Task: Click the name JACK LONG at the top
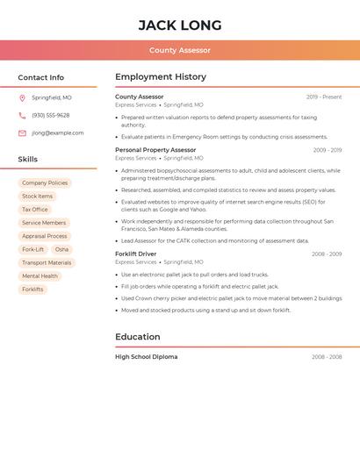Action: pos(180,25)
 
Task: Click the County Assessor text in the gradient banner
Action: pos(180,50)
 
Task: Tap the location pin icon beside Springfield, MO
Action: pos(22,97)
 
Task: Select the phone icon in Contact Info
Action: pos(22,115)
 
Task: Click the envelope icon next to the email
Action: pos(22,133)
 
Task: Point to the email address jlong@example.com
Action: pos(58,133)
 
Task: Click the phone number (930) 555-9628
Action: pos(50,115)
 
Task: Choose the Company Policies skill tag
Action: pos(45,182)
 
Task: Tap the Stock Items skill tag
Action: pos(38,196)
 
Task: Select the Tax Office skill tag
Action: pos(35,210)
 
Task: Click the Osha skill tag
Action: pos(61,249)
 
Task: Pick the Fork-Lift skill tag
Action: pos(33,249)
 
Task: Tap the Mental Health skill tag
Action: pos(40,275)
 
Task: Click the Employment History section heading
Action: pos(161,77)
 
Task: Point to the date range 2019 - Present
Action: pos(324,97)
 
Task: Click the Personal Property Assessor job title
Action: pos(155,150)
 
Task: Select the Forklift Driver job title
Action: pos(136,254)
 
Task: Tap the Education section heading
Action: pos(138,337)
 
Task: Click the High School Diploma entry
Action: pos(146,357)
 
